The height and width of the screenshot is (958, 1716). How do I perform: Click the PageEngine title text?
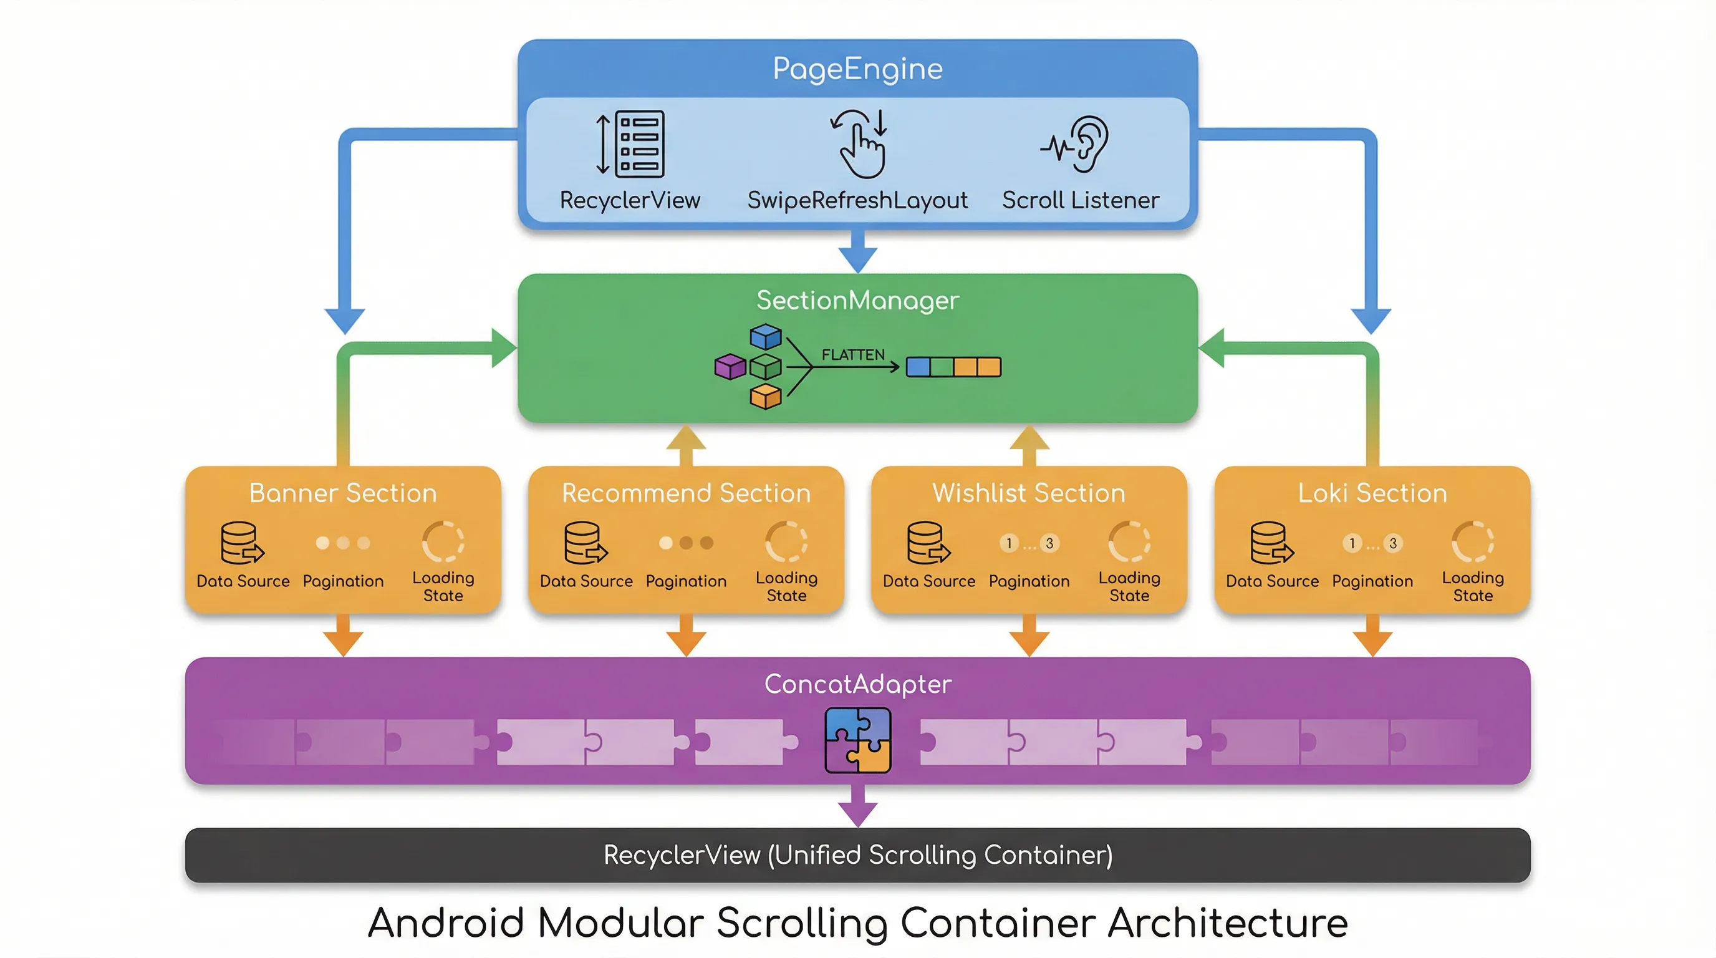(x=857, y=69)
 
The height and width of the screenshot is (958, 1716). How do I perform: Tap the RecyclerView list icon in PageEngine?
(x=632, y=144)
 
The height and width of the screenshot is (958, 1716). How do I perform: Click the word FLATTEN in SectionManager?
(x=852, y=354)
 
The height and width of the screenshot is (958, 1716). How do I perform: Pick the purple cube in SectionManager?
(x=730, y=366)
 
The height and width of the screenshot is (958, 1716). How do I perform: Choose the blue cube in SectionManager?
(x=766, y=336)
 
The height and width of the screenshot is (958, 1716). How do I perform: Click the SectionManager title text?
(x=857, y=301)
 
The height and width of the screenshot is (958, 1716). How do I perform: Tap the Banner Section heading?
(x=342, y=493)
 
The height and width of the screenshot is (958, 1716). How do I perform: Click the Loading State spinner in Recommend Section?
(x=786, y=541)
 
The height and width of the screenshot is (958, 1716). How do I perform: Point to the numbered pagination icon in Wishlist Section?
(x=1029, y=544)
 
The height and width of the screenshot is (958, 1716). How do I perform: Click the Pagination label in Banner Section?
(x=342, y=581)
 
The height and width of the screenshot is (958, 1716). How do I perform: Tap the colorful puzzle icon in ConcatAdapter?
(x=857, y=740)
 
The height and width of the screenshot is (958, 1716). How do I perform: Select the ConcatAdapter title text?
(x=857, y=684)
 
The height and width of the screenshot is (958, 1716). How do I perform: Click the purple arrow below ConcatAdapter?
(x=857, y=808)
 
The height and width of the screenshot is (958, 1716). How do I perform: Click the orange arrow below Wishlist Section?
(x=1029, y=636)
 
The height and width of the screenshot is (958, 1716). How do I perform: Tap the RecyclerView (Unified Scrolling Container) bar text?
(x=857, y=854)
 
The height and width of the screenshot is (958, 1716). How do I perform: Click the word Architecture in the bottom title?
(x=1227, y=923)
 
